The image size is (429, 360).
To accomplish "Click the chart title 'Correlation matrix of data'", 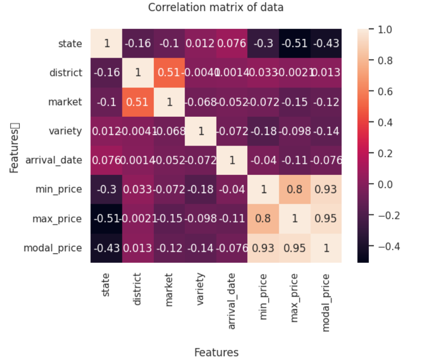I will pyautogui.click(x=216, y=8).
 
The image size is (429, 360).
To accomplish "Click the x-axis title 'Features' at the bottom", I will pyautogui.click(x=216, y=352).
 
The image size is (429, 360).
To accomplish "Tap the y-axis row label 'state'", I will pyautogui.click(x=70, y=43).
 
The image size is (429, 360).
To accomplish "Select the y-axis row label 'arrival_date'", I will pyautogui.click(x=54, y=161).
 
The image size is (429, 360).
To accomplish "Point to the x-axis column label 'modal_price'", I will pyautogui.click(x=326, y=302).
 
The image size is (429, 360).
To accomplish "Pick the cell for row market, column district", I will pyautogui.click(x=138, y=102).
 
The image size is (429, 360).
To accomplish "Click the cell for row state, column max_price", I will pyautogui.click(x=294, y=43).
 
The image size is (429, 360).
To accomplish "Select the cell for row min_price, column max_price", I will pyautogui.click(x=294, y=190).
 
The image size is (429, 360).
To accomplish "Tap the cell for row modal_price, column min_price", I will pyautogui.click(x=263, y=249).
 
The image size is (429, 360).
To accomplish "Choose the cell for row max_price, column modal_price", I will pyautogui.click(x=326, y=219).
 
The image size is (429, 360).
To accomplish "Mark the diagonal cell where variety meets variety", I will pyautogui.click(x=200, y=131).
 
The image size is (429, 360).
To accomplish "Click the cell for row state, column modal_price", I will pyautogui.click(x=326, y=43).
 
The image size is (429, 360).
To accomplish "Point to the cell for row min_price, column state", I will pyautogui.click(x=106, y=190).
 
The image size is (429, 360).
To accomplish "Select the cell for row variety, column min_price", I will pyautogui.click(x=263, y=131).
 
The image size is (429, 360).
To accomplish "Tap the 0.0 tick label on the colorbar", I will pyautogui.click(x=385, y=185).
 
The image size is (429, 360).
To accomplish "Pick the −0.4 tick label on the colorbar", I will pyautogui.click(x=388, y=247).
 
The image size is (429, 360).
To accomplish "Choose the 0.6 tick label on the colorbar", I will pyautogui.click(x=385, y=92).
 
